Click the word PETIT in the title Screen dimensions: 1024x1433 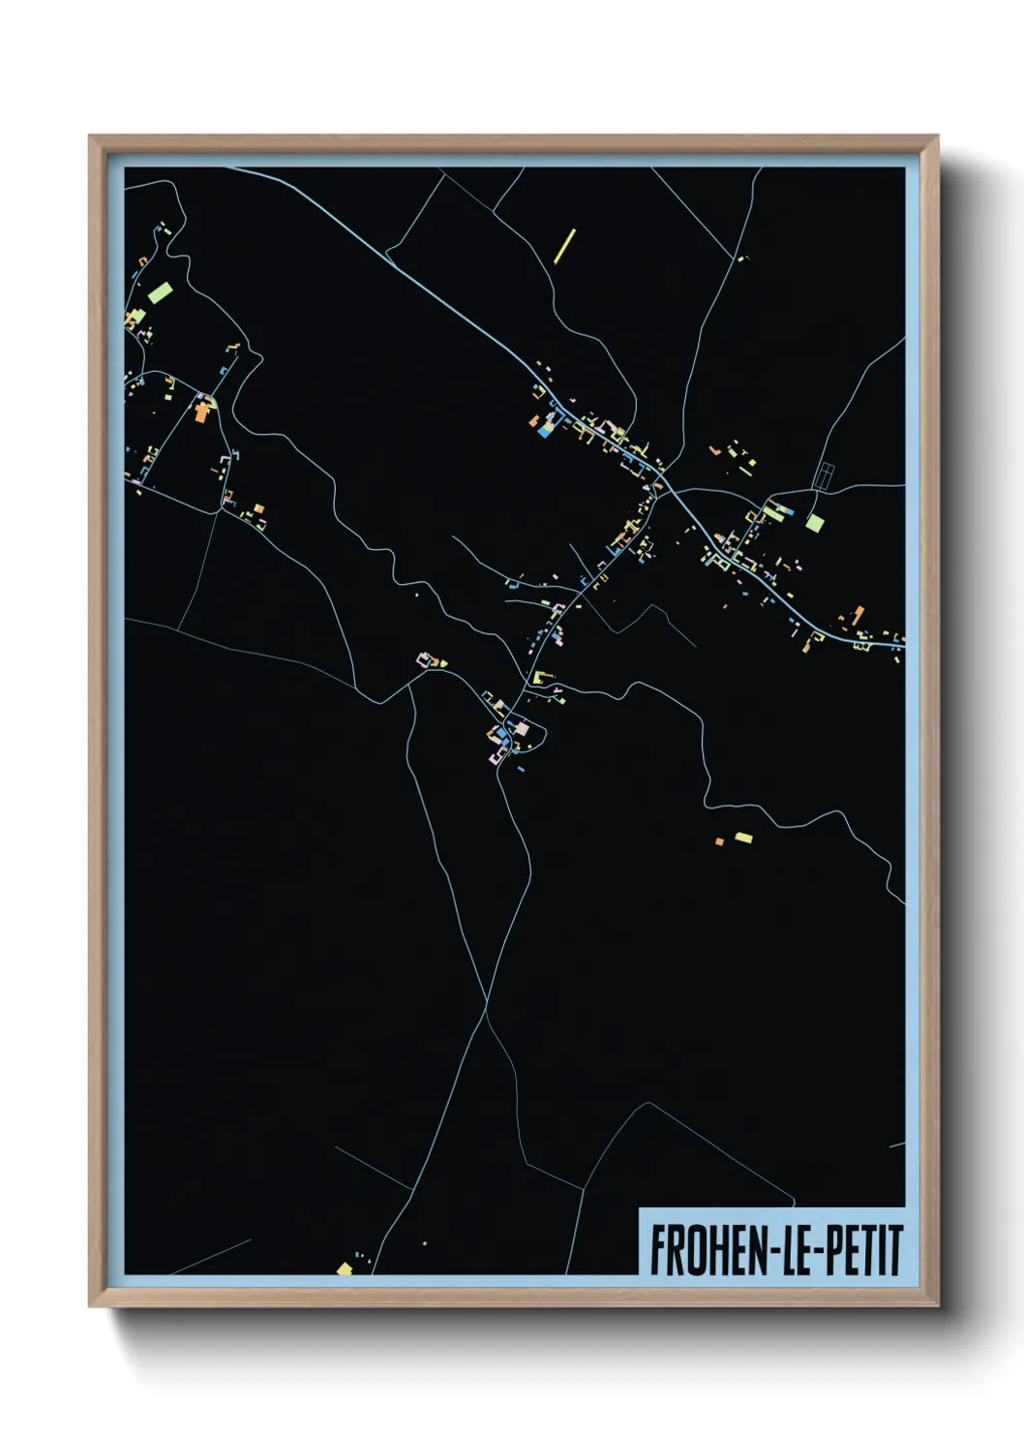pyautogui.click(x=866, y=1250)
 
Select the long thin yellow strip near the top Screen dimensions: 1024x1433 pyautogui.click(x=565, y=246)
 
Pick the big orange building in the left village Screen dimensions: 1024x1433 pyautogui.click(x=202, y=412)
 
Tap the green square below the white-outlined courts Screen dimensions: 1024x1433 pyautogui.click(x=816, y=523)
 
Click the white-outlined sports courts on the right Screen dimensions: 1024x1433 pyautogui.click(x=826, y=475)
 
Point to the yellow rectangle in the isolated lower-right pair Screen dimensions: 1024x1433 pyautogui.click(x=743, y=838)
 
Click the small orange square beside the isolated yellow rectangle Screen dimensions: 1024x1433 pyautogui.click(x=719, y=841)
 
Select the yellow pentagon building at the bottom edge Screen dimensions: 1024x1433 pyautogui.click(x=345, y=1267)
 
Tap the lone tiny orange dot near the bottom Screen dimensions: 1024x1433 pyautogui.click(x=424, y=1242)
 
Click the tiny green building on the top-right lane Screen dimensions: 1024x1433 pyautogui.click(x=742, y=259)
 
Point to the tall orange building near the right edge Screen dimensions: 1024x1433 pyautogui.click(x=858, y=615)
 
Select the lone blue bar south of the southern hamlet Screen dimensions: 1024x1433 pyautogui.click(x=521, y=769)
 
